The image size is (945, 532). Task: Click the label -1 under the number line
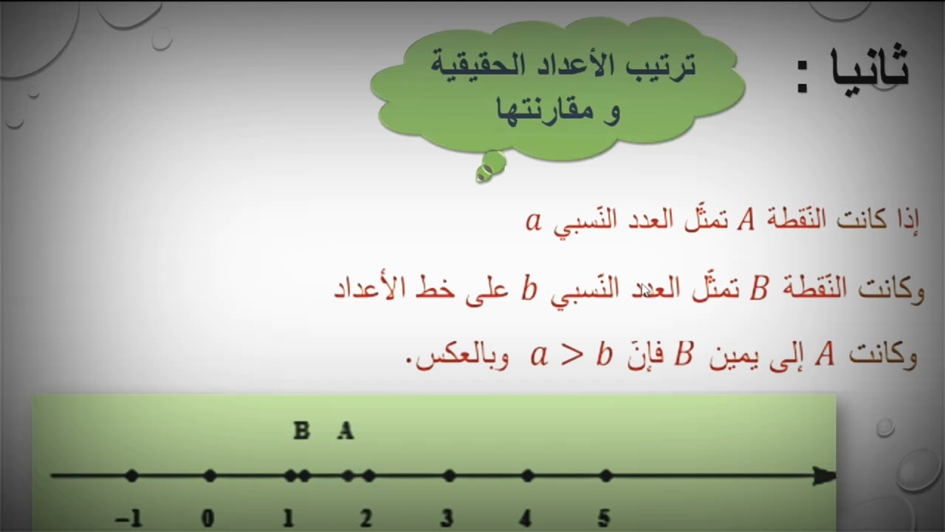pyautogui.click(x=128, y=519)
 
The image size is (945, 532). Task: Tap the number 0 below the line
pyautogui.click(x=208, y=519)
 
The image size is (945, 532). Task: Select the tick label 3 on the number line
pyautogui.click(x=446, y=519)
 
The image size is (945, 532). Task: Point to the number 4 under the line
pyautogui.click(x=525, y=519)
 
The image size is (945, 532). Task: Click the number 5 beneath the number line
pyautogui.click(x=604, y=519)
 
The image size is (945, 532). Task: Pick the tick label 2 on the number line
pyautogui.click(x=366, y=519)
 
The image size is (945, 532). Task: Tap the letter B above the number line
pyautogui.click(x=301, y=431)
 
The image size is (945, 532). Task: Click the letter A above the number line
pyautogui.click(x=346, y=431)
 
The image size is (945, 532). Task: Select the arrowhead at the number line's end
pyautogui.click(x=823, y=476)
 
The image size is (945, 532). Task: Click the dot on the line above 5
pyautogui.click(x=605, y=476)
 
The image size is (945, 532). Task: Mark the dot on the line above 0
pyautogui.click(x=210, y=476)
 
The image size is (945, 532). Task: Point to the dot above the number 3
pyautogui.click(x=449, y=476)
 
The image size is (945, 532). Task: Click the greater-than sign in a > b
pyautogui.click(x=571, y=356)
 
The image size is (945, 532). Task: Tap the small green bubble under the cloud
pyautogui.click(x=490, y=166)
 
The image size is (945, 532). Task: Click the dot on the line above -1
pyautogui.click(x=131, y=476)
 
